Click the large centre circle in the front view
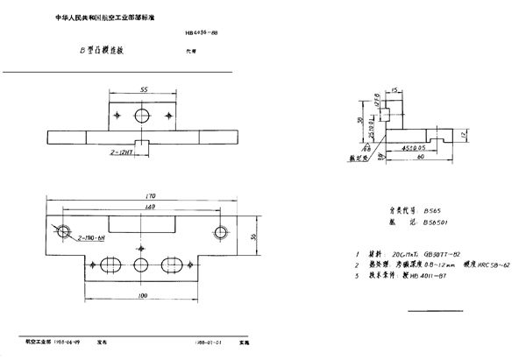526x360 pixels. click(142, 116)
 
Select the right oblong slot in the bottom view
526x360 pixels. click(174, 265)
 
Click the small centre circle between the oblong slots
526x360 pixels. click(142, 265)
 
